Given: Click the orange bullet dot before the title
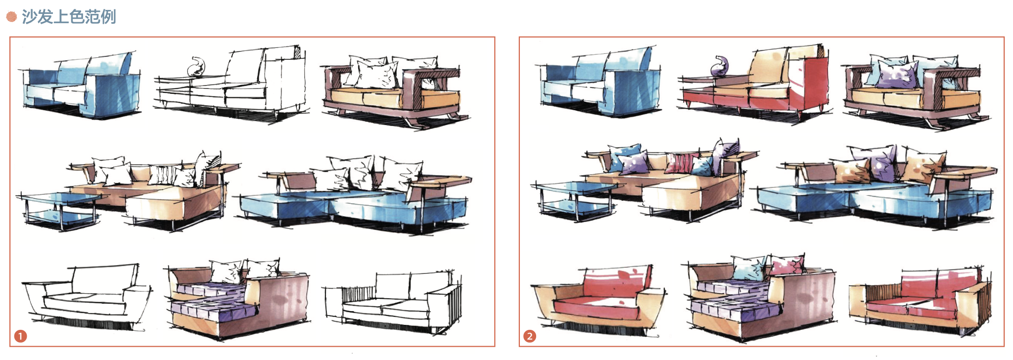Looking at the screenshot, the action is click(11, 17).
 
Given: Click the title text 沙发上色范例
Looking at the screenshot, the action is click(69, 17).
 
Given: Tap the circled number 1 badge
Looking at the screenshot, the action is click(20, 337).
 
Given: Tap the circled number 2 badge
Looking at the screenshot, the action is click(530, 337).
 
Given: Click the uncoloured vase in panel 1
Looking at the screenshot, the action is click(197, 67).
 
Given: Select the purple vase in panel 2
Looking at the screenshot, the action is click(720, 67).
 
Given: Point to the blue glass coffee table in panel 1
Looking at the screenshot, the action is click(62, 208).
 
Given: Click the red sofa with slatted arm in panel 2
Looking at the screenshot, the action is click(920, 302).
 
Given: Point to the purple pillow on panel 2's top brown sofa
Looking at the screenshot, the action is click(895, 77).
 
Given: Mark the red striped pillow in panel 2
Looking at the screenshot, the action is click(680, 163).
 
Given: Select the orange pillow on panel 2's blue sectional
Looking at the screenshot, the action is click(922, 166).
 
